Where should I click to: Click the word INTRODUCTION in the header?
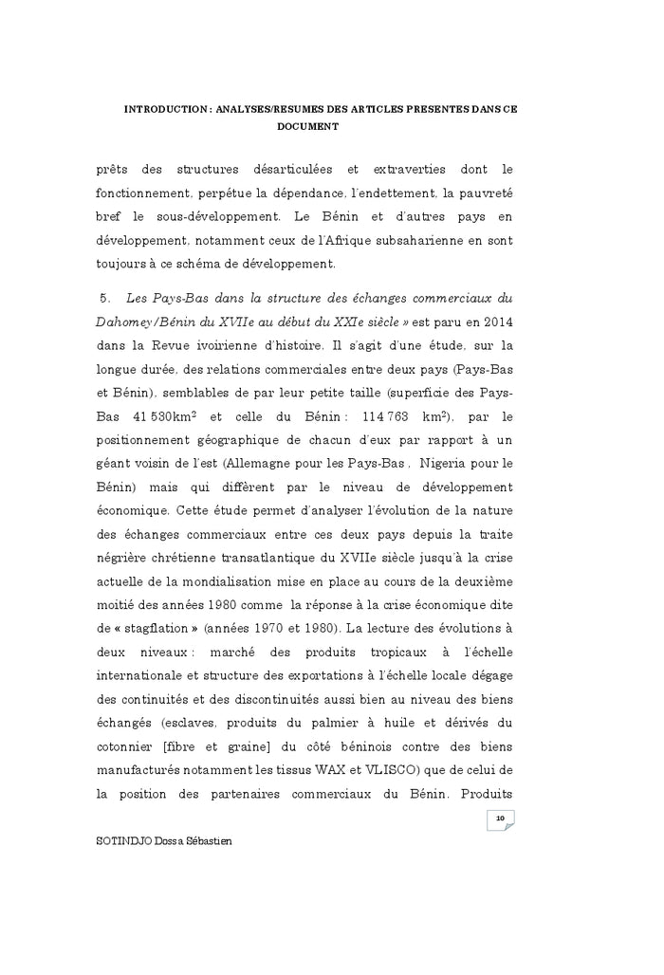click(166, 109)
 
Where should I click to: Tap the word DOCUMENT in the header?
click(307, 125)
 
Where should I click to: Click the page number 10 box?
click(500, 819)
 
